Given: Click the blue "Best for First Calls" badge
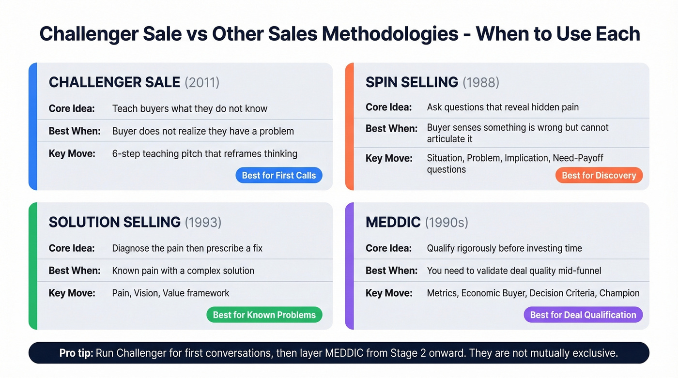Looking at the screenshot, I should coord(279,175).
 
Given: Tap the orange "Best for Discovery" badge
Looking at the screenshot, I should coord(599,175).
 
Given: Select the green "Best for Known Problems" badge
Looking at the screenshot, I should coord(264,315).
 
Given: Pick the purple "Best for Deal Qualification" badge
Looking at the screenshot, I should coord(583,315).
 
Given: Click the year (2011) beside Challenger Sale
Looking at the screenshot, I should coord(202,82).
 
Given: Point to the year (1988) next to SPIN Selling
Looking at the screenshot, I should coord(480,82).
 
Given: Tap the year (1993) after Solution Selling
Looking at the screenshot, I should coord(203,222).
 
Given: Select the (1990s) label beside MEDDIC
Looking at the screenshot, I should coord(447,222).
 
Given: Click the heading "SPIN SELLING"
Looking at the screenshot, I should coord(412,82).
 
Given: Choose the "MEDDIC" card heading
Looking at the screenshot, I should coord(393,222).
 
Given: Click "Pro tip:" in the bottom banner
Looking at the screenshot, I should coord(76,353).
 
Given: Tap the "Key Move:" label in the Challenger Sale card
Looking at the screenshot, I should coord(72,154).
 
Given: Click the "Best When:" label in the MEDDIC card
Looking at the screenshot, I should coord(391,271).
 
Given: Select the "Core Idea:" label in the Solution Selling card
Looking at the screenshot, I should coord(72,248).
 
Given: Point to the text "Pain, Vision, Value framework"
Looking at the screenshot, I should coord(170,293).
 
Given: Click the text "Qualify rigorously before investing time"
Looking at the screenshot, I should coord(504,248).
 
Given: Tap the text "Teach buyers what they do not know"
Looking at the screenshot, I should coord(189,108).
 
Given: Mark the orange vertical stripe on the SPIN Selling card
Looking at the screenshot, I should coord(349,126).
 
